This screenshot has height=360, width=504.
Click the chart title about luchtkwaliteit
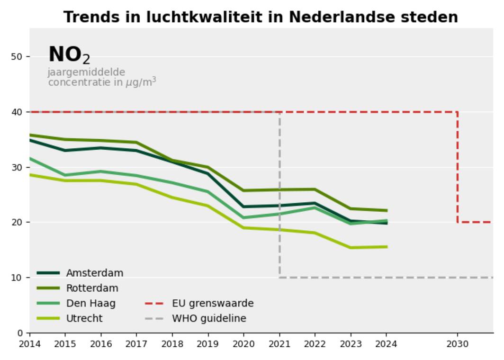[261, 17]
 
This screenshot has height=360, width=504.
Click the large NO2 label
[69, 55]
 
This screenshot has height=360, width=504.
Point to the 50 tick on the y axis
[17, 57]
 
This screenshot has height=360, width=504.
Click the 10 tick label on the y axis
[17, 278]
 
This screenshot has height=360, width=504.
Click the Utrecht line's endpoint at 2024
[387, 247]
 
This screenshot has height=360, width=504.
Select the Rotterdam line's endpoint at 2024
[387, 210]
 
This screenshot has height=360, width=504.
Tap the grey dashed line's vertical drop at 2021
[279, 194]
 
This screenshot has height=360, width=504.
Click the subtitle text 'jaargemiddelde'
[86, 72]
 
